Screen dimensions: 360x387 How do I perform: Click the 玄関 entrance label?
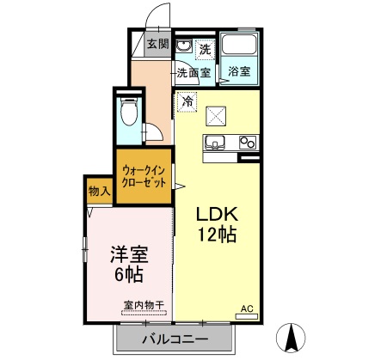[157, 45]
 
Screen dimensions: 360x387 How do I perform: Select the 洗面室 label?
[194, 73]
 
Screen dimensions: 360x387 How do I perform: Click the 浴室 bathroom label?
[240, 72]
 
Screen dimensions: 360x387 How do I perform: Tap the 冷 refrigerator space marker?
[187, 102]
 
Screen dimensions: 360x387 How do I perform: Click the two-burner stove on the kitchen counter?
[248, 143]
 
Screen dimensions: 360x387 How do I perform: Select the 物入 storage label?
[99, 192]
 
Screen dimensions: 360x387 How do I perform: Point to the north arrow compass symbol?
[291, 338]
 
